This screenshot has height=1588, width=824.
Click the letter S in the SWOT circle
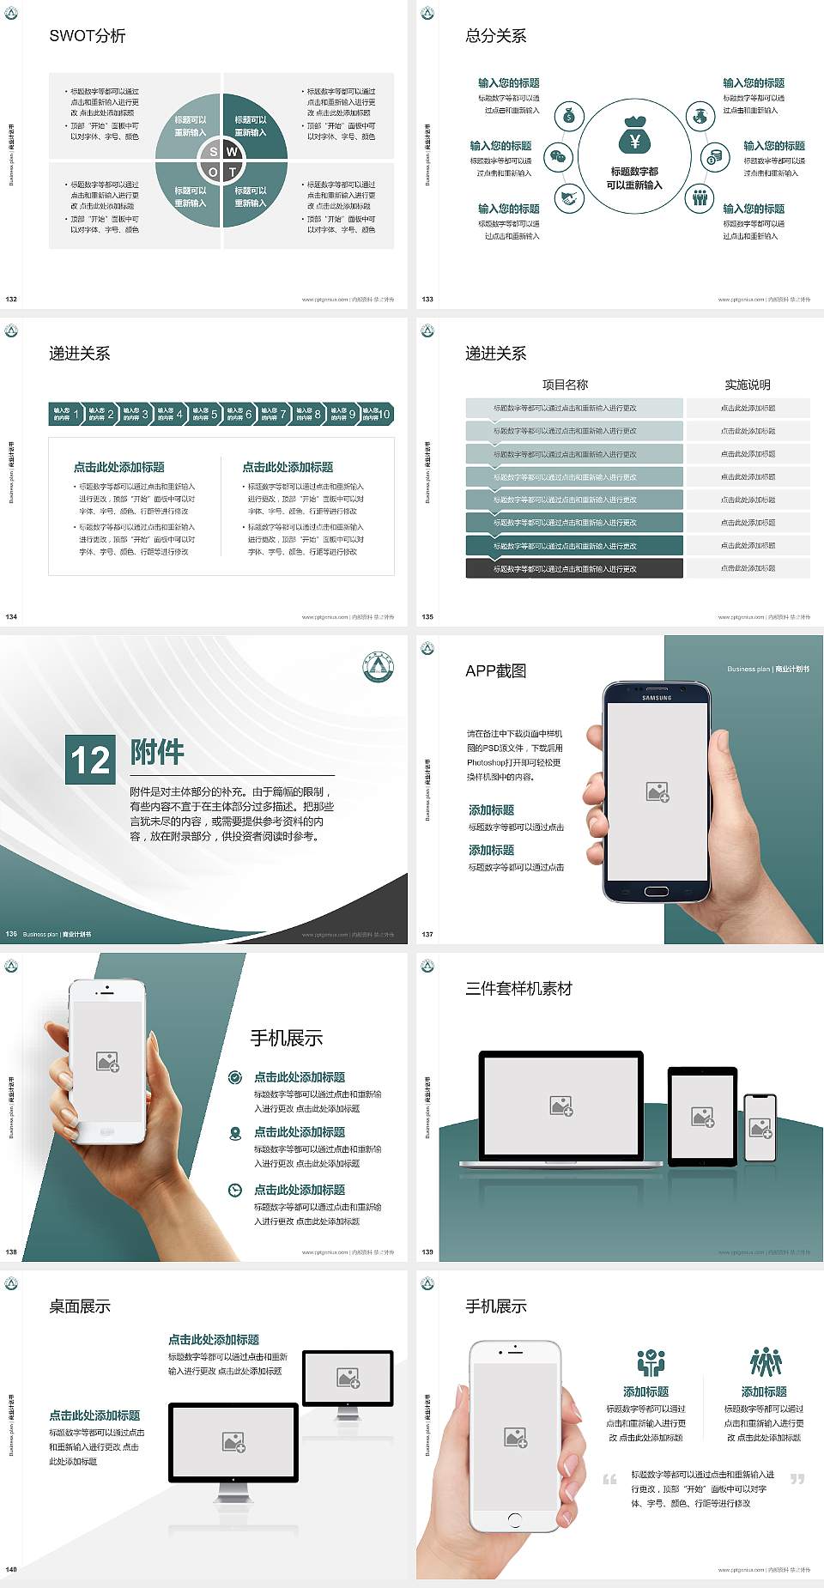[x=214, y=152]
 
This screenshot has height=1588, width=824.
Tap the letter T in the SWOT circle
[x=232, y=172]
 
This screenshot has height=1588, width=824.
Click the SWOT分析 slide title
[x=88, y=36]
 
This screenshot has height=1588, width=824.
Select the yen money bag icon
[x=634, y=136]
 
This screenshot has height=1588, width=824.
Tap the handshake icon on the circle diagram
[x=569, y=198]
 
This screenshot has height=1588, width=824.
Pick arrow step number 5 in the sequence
[x=203, y=414]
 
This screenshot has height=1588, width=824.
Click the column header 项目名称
[x=565, y=385]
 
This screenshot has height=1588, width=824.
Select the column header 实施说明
[x=748, y=385]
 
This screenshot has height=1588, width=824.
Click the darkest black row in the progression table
[x=574, y=568]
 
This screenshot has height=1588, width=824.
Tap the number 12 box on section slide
[x=90, y=760]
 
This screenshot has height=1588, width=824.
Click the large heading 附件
[x=157, y=752]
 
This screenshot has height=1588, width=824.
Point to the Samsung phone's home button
[x=657, y=891]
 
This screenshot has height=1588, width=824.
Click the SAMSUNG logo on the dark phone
[x=657, y=698]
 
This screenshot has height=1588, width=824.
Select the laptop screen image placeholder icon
[x=561, y=1106]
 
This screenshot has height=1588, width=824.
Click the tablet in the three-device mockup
[x=703, y=1116]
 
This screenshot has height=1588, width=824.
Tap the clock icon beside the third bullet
[x=235, y=1190]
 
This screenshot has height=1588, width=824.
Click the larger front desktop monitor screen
[x=233, y=1442]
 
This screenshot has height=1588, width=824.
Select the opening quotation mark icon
[x=609, y=1479]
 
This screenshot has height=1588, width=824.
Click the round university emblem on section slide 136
[x=378, y=667]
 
